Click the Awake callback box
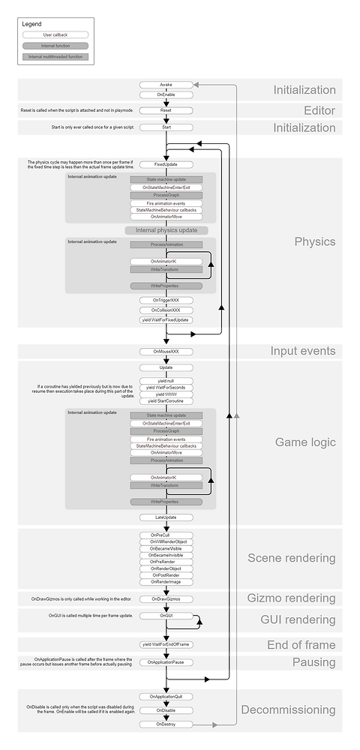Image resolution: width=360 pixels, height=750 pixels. pos(166,85)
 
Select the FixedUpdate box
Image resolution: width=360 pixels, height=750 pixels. pos(166,164)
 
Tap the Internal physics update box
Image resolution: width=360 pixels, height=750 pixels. pos(166,229)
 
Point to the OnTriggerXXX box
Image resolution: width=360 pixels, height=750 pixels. pos(166,300)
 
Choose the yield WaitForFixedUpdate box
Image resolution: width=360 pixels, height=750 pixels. pos(166,319)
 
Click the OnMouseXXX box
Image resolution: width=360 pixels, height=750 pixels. pos(166,351)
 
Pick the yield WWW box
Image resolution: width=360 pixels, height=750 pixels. pos(166,394)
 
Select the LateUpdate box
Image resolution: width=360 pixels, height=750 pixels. pos(166,517)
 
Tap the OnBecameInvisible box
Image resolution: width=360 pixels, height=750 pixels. pos(166,554)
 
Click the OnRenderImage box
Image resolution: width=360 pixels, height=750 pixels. pos(166,582)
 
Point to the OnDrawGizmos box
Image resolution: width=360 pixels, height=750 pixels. pos(166,598)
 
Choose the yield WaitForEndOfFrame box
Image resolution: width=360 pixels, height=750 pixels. pos(166,644)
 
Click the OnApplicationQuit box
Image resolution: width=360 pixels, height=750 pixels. pos(166,696)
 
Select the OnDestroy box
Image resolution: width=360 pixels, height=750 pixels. pos(166,724)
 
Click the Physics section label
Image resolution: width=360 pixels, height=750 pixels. pos(315,242)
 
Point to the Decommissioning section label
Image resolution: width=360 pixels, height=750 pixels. pos(288,709)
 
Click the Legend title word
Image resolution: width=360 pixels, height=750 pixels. pos(32,24)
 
